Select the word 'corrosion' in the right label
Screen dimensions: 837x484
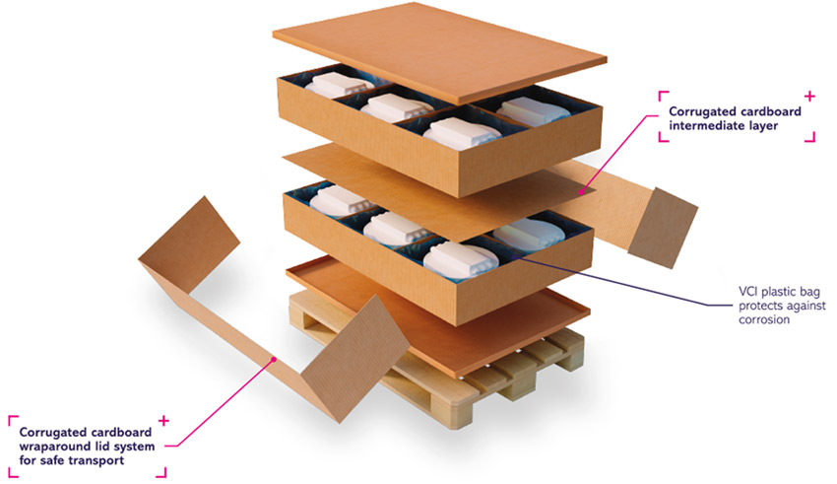pyautogui.click(x=764, y=320)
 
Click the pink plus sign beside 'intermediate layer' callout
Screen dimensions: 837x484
pyautogui.click(x=809, y=97)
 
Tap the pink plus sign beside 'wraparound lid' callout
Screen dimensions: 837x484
pyautogui.click(x=163, y=421)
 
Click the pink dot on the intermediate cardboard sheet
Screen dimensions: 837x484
pyautogui.click(x=582, y=191)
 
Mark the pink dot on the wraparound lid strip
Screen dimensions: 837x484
pyautogui.click(x=273, y=360)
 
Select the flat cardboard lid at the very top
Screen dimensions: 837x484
pyautogui.click(x=439, y=52)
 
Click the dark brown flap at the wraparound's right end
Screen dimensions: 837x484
pyautogui.click(x=663, y=228)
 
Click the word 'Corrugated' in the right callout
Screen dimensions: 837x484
pyautogui.click(x=700, y=111)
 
